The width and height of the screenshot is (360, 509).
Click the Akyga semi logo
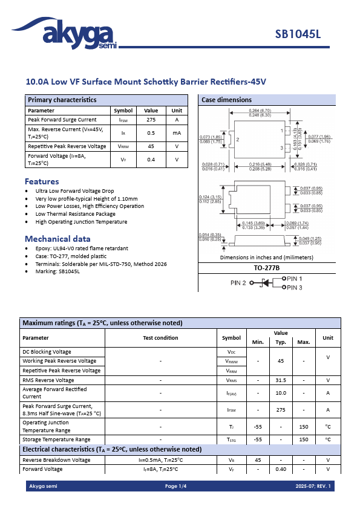(x=70, y=33)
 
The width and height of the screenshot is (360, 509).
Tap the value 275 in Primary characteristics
(x=151, y=120)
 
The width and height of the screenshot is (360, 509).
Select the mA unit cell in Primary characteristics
(x=177, y=133)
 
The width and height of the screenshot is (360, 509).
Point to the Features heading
(x=42, y=181)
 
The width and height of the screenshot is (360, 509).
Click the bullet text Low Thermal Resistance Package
(x=75, y=214)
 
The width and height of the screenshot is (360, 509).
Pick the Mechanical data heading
(x=57, y=239)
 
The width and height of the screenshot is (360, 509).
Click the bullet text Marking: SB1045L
(x=57, y=271)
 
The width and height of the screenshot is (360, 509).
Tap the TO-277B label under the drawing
(x=266, y=267)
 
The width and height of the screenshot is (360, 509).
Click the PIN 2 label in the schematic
(x=238, y=283)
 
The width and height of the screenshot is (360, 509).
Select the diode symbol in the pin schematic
(x=264, y=283)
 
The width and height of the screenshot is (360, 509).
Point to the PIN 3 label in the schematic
(x=295, y=288)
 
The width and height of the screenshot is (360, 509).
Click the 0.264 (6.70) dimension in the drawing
(x=260, y=111)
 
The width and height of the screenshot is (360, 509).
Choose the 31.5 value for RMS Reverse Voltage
(x=280, y=380)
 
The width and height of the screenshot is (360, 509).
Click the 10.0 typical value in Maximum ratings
(x=280, y=393)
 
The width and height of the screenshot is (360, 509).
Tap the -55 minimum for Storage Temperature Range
(x=258, y=439)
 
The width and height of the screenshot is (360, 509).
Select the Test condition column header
(x=160, y=338)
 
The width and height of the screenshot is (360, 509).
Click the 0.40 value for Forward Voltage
(x=280, y=469)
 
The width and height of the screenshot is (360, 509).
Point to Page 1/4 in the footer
(x=176, y=487)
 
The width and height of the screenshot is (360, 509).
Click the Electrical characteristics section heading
(x=112, y=450)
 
